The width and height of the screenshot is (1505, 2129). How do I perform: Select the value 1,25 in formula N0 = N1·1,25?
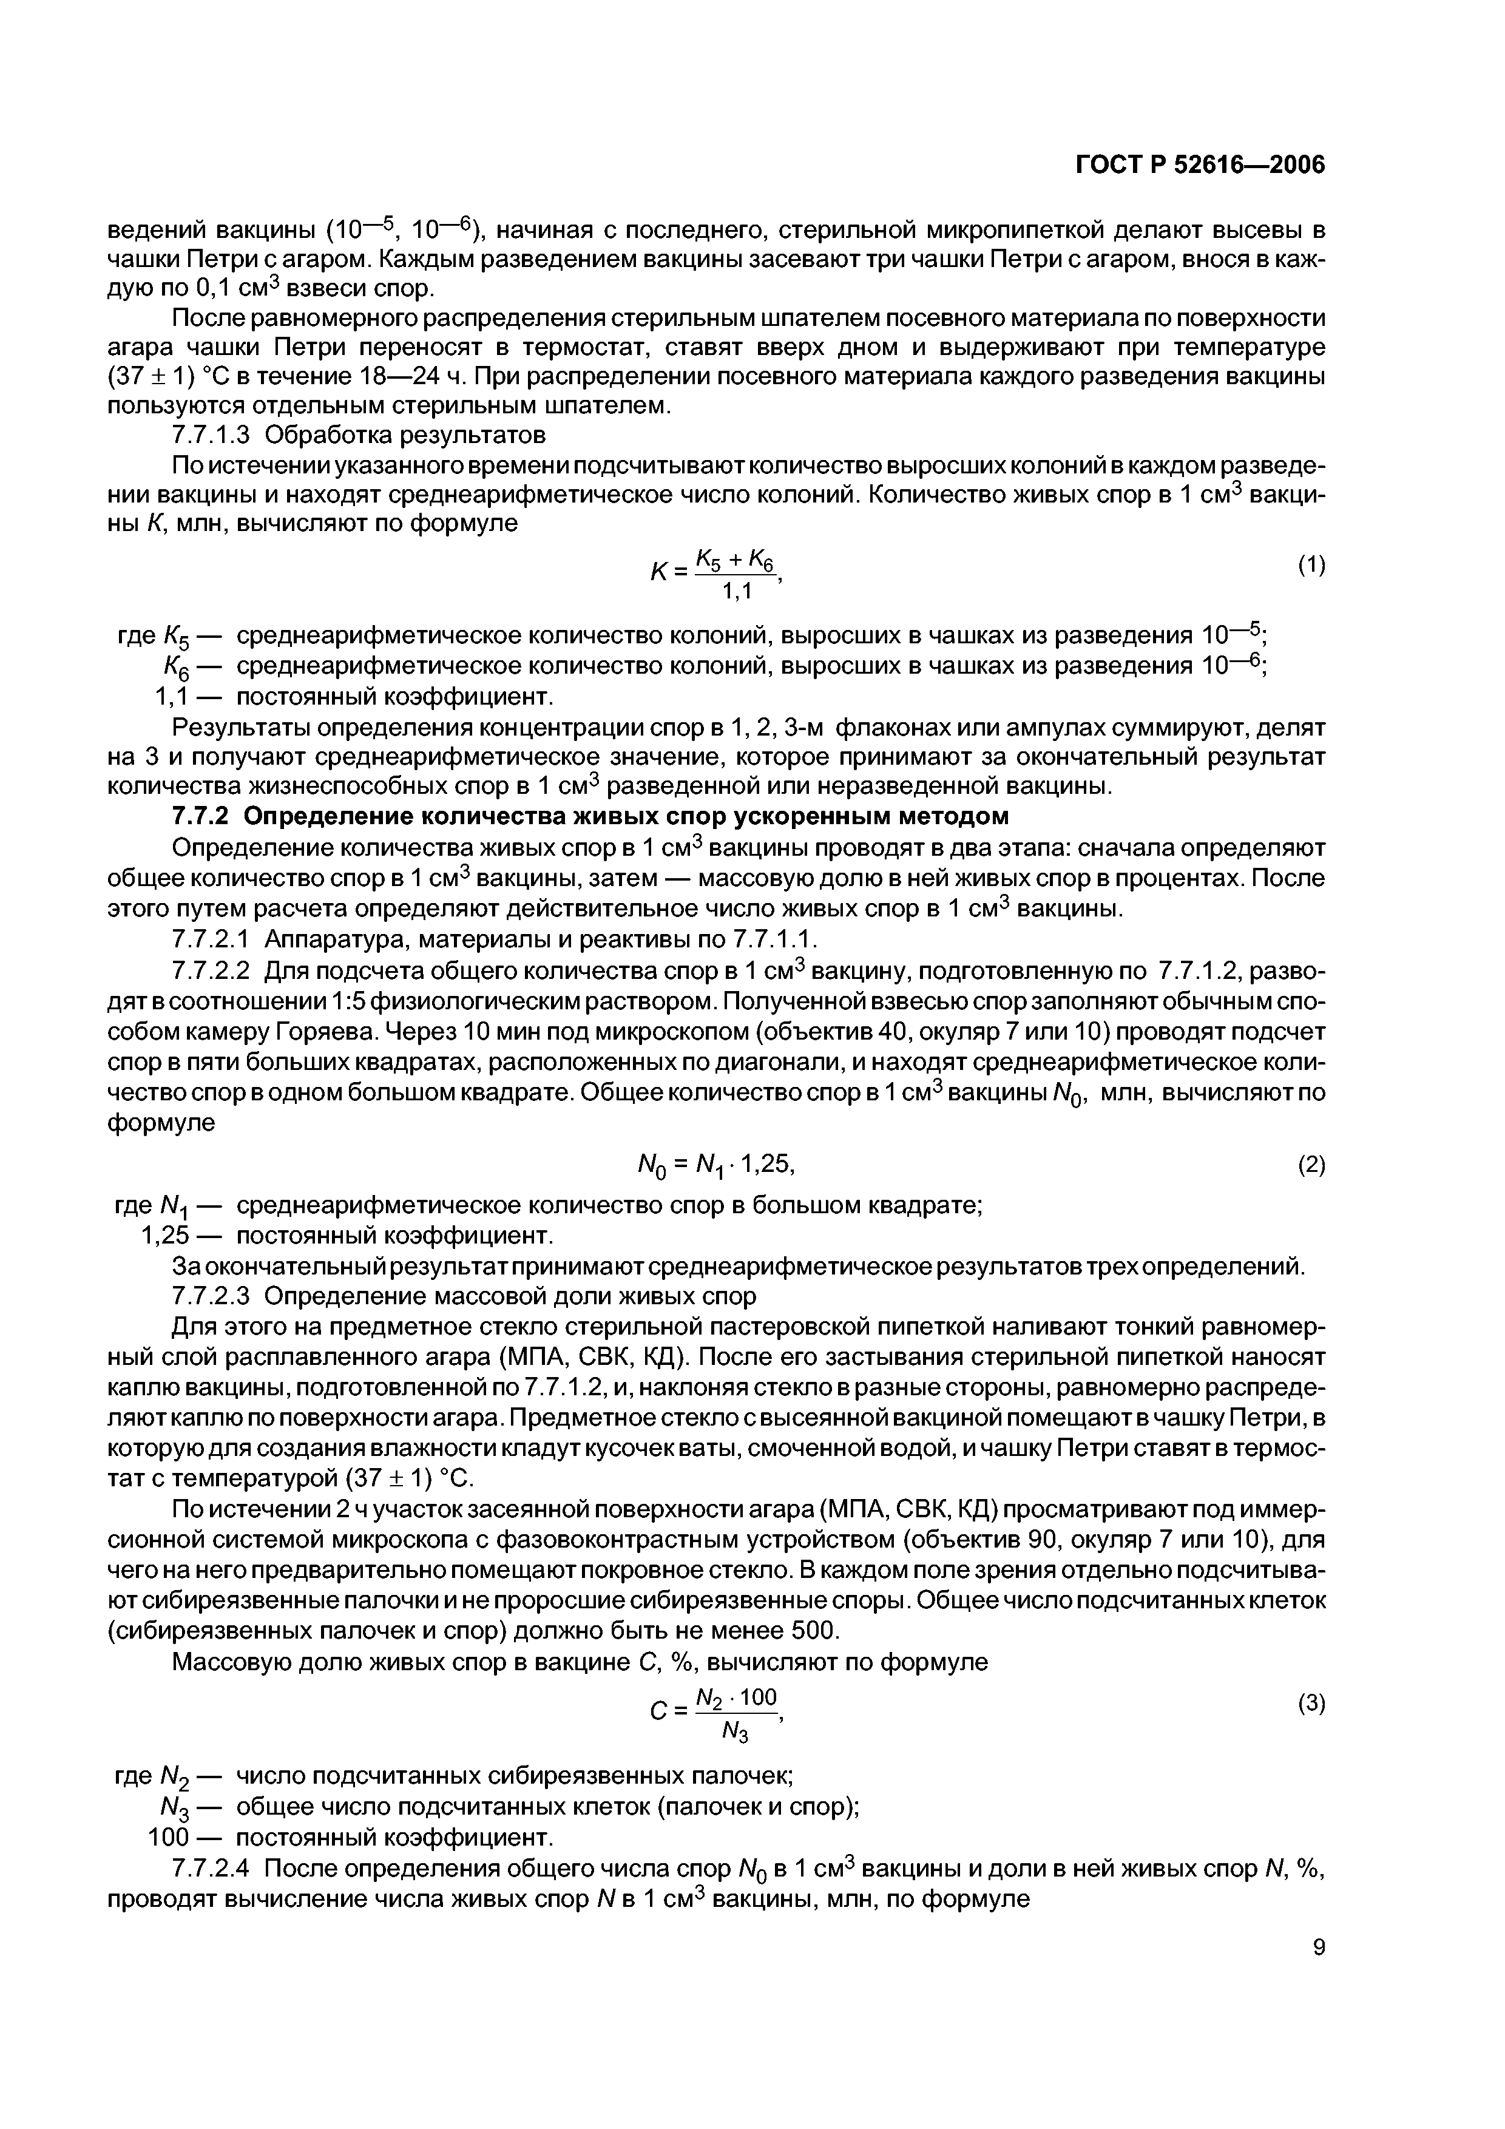pyautogui.click(x=766, y=1163)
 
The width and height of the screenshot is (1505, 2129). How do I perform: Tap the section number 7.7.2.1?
pyautogui.click(x=212, y=940)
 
